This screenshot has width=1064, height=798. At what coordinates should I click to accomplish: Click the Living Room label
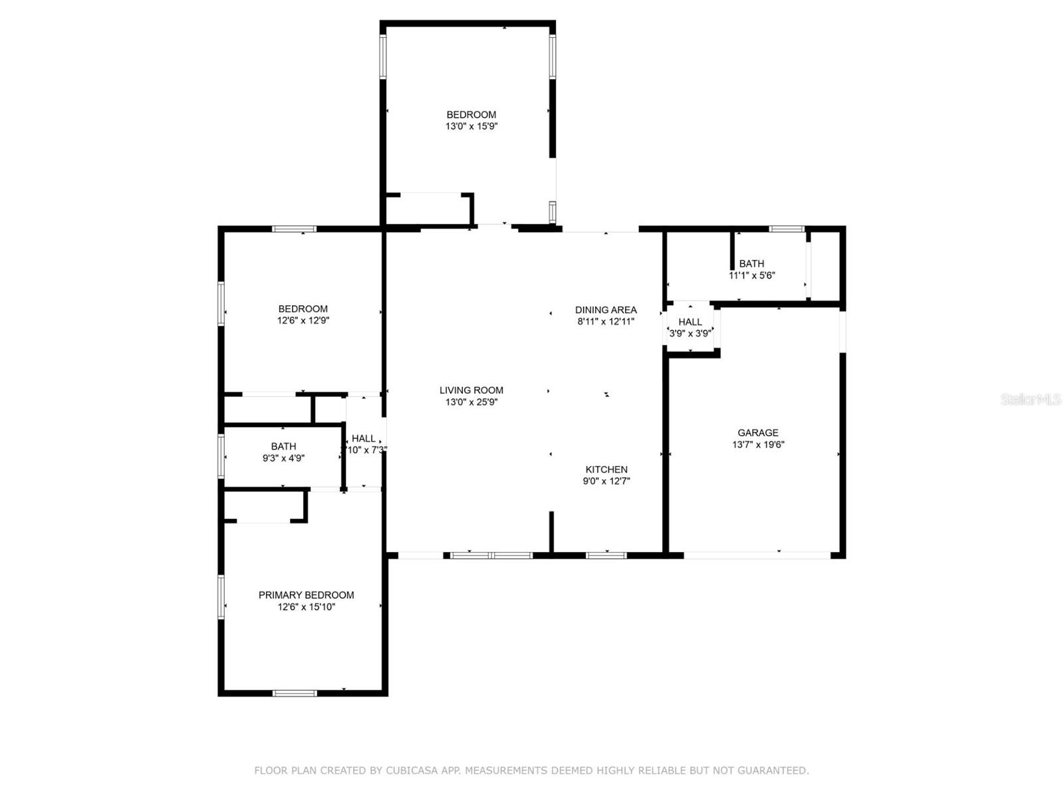click(471, 390)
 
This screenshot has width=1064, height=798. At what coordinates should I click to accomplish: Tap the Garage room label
click(757, 433)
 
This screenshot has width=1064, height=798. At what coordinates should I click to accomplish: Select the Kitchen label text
click(606, 469)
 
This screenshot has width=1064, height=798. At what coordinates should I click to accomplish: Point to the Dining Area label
click(606, 310)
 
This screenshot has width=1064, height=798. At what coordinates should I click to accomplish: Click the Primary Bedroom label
click(307, 595)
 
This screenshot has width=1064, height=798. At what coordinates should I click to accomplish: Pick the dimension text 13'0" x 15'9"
click(471, 126)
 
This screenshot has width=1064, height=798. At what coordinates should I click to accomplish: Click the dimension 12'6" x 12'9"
click(303, 321)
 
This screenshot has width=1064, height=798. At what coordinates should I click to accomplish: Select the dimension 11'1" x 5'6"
click(752, 276)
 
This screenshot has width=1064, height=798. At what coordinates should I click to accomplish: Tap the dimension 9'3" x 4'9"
click(283, 458)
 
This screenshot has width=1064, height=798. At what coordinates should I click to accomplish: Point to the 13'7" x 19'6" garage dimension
click(758, 444)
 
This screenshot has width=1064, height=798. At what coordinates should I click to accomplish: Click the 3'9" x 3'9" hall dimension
click(690, 333)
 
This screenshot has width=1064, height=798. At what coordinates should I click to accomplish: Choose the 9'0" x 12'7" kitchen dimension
click(606, 481)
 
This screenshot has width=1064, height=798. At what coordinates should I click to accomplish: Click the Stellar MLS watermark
click(1031, 400)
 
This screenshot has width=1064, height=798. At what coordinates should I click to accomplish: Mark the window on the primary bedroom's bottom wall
click(295, 694)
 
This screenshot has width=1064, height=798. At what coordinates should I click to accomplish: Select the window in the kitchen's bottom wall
click(606, 555)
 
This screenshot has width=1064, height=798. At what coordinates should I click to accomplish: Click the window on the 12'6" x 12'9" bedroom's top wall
click(294, 229)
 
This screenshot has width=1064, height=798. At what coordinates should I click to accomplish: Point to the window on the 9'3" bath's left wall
click(221, 456)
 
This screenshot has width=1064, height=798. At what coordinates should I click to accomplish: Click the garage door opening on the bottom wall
click(757, 555)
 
